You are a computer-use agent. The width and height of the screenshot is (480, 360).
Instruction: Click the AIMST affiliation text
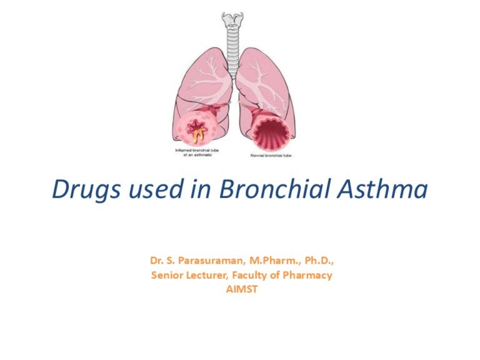pyautogui.click(x=240, y=289)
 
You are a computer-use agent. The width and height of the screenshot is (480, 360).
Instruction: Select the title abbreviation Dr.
pyautogui.click(x=157, y=259)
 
